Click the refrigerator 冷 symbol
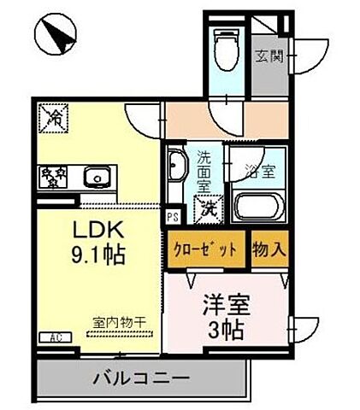click(55, 117)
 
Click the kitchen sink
click(95, 179)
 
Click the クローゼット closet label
click(207, 250)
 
